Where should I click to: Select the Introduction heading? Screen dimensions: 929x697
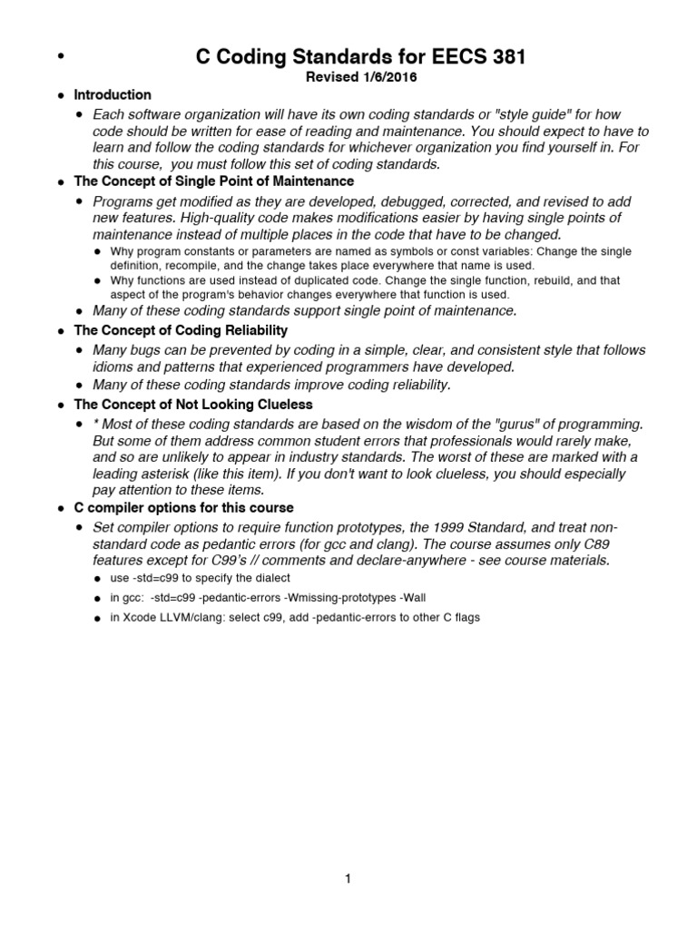pyautogui.click(x=113, y=95)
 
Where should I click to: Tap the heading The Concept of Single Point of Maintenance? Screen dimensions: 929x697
pyautogui.click(x=213, y=181)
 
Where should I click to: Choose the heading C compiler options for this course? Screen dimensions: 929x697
pyautogui.click(x=183, y=508)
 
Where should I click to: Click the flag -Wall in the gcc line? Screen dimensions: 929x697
pyautogui.click(x=410, y=598)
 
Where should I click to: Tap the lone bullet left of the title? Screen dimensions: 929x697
pyautogui.click(x=61, y=58)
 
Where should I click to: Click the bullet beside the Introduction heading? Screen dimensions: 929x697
pyautogui.click(x=60, y=96)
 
